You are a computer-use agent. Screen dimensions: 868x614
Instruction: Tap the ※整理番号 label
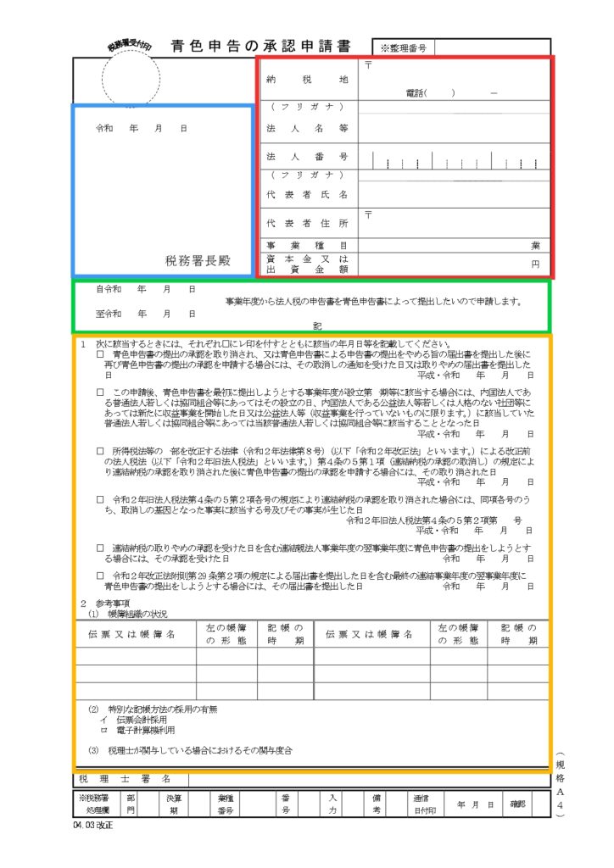pos(403,49)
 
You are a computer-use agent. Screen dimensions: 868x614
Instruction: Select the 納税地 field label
pos(307,80)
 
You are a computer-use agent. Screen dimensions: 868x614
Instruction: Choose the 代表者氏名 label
pos(307,194)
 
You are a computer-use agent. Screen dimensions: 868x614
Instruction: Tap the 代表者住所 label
pos(307,224)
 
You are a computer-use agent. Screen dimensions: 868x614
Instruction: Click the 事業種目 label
pos(307,244)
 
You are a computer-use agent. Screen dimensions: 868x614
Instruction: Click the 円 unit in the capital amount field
pos(535,264)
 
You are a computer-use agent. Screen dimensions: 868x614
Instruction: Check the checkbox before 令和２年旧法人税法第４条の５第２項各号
pos(100,500)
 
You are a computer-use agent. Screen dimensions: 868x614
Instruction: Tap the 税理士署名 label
pos(126,778)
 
